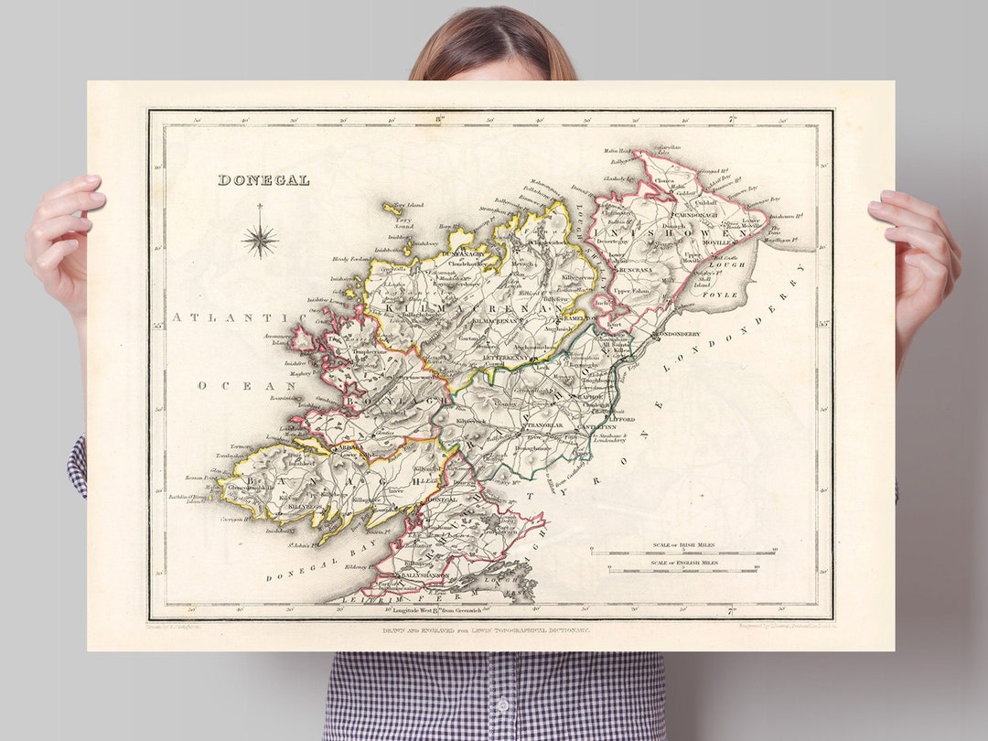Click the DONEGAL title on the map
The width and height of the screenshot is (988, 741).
[263, 180]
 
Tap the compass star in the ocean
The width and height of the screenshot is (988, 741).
[261, 240]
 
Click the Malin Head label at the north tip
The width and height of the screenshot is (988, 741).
[617, 151]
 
